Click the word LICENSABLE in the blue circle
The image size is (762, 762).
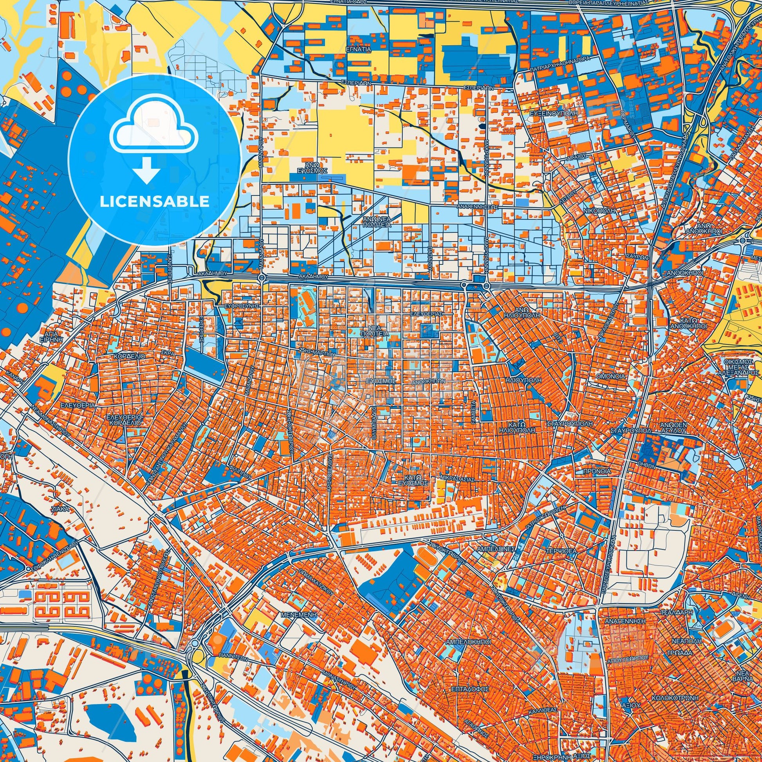[x=154, y=202]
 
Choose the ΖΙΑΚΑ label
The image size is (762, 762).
[x=60, y=509]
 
